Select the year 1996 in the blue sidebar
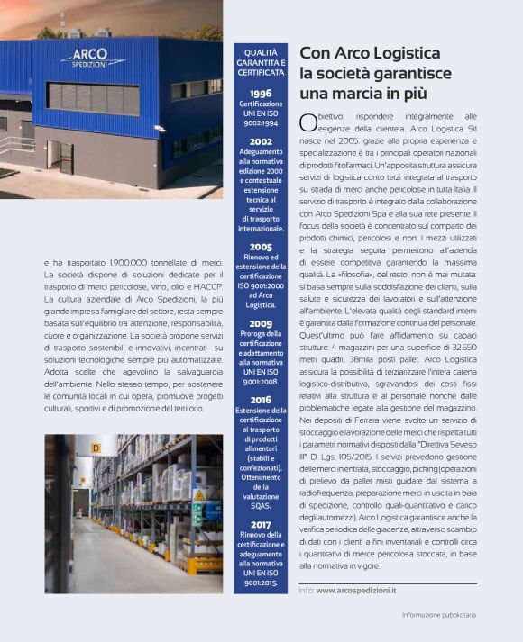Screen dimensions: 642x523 point(260,93)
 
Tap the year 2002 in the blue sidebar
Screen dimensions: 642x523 point(260,141)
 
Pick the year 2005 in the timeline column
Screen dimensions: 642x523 point(260,246)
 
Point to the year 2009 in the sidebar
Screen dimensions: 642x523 point(260,323)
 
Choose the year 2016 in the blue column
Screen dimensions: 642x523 point(260,400)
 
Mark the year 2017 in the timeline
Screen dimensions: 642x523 point(260,524)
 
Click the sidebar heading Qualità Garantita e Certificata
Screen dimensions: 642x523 point(261,62)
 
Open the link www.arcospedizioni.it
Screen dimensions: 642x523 point(356,590)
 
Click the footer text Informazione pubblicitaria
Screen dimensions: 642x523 point(439,615)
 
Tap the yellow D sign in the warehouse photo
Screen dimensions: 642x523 point(106,447)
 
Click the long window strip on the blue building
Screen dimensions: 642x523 point(94,96)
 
